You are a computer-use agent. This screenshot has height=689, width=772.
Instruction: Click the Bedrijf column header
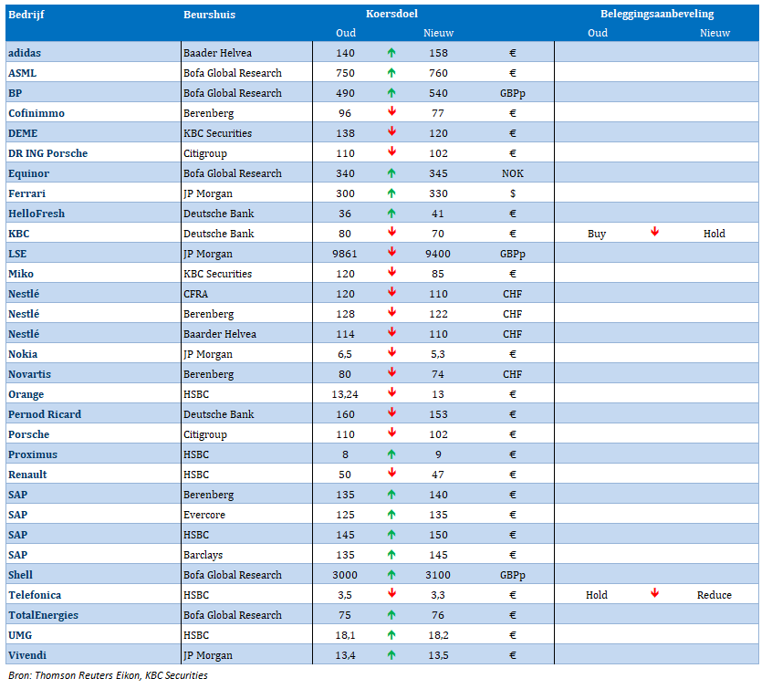point(26,15)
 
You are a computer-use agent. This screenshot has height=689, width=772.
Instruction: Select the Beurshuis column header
point(209,15)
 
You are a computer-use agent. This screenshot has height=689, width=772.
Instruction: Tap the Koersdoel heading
point(391,14)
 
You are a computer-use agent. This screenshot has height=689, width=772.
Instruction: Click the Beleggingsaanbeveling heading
point(657,15)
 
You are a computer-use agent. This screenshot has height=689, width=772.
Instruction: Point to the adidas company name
point(25,53)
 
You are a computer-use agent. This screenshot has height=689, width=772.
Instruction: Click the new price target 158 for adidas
point(438,53)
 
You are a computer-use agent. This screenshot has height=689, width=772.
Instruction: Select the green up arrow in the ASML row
point(391,73)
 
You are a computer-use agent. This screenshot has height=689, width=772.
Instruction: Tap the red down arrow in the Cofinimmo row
point(391,112)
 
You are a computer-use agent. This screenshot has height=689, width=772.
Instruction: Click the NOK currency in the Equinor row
point(513,173)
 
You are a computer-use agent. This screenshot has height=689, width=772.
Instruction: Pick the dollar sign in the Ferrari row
point(513,193)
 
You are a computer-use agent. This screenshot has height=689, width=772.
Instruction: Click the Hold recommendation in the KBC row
point(714,234)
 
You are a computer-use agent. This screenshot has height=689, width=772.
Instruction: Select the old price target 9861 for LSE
point(345,254)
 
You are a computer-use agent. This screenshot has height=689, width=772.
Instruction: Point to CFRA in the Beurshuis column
point(195,294)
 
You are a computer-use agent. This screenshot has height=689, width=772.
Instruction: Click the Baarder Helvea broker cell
point(220,334)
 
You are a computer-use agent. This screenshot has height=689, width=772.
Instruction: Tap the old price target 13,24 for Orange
point(345,394)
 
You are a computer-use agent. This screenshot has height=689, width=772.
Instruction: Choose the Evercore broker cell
point(204,515)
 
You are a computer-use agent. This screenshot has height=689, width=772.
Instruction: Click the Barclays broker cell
point(203,555)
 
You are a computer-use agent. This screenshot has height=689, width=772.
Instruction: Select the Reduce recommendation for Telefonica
point(714,595)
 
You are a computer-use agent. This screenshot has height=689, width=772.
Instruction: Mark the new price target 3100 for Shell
point(438,575)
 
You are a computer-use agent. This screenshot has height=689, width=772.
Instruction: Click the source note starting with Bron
point(108,675)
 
